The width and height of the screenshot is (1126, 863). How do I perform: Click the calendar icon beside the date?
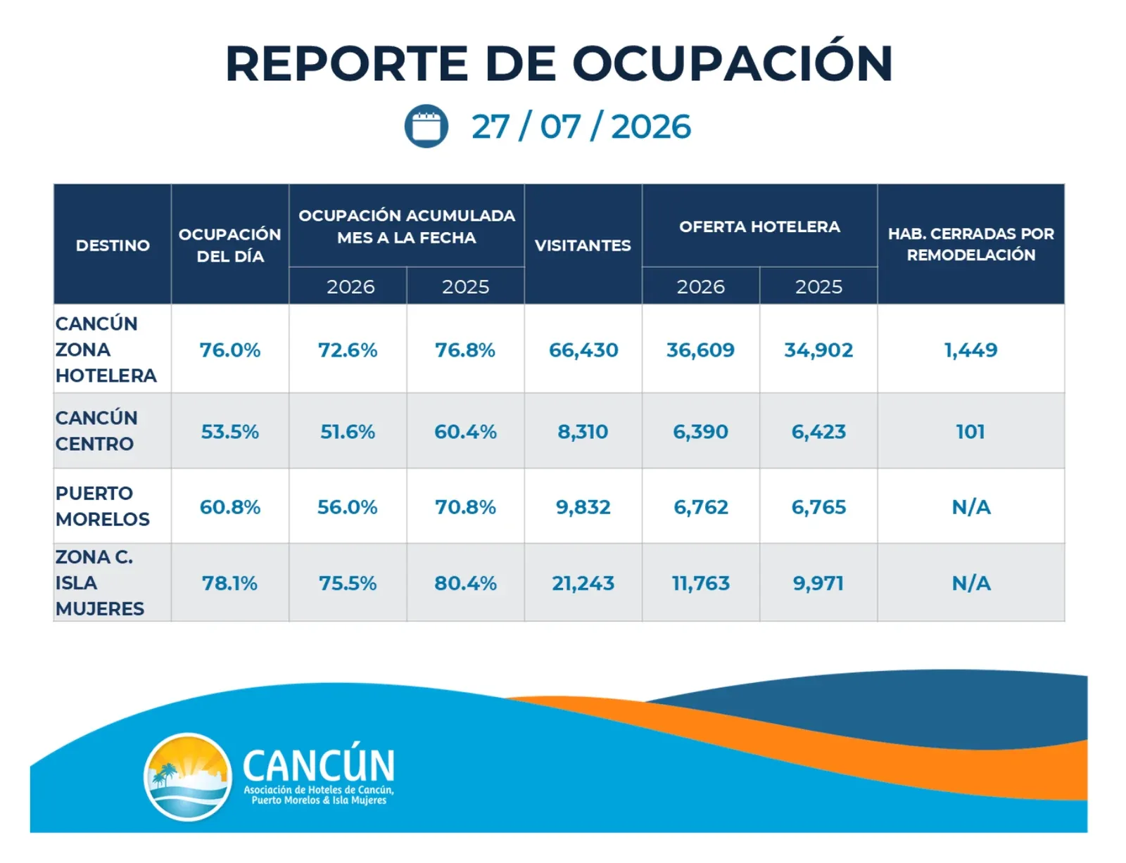tap(426, 127)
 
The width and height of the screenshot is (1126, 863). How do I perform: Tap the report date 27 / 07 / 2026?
tap(581, 127)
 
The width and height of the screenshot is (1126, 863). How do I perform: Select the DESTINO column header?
tap(113, 245)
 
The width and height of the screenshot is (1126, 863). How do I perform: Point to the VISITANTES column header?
tap(583, 245)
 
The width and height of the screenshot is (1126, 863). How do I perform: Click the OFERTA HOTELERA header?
tap(759, 226)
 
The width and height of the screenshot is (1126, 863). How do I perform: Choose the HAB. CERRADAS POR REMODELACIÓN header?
tap(971, 244)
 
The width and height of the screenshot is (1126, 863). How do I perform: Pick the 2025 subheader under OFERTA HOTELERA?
tap(818, 287)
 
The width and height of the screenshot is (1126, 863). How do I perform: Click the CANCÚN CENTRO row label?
tap(96, 430)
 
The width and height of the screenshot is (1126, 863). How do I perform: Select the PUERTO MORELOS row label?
tap(103, 506)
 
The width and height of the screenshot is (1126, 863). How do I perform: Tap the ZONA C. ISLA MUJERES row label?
tap(99, 583)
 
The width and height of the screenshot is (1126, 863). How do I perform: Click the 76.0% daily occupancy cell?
tap(230, 350)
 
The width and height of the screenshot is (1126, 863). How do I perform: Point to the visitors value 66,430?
tap(583, 350)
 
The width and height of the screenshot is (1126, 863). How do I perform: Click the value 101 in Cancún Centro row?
tap(970, 432)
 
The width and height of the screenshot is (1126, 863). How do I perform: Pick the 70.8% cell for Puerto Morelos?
tap(465, 507)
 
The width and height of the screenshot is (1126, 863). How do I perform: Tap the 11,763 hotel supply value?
tap(700, 584)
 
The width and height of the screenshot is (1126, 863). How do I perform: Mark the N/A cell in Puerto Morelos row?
tap(971, 507)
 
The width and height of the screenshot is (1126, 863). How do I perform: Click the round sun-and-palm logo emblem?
tap(188, 777)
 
